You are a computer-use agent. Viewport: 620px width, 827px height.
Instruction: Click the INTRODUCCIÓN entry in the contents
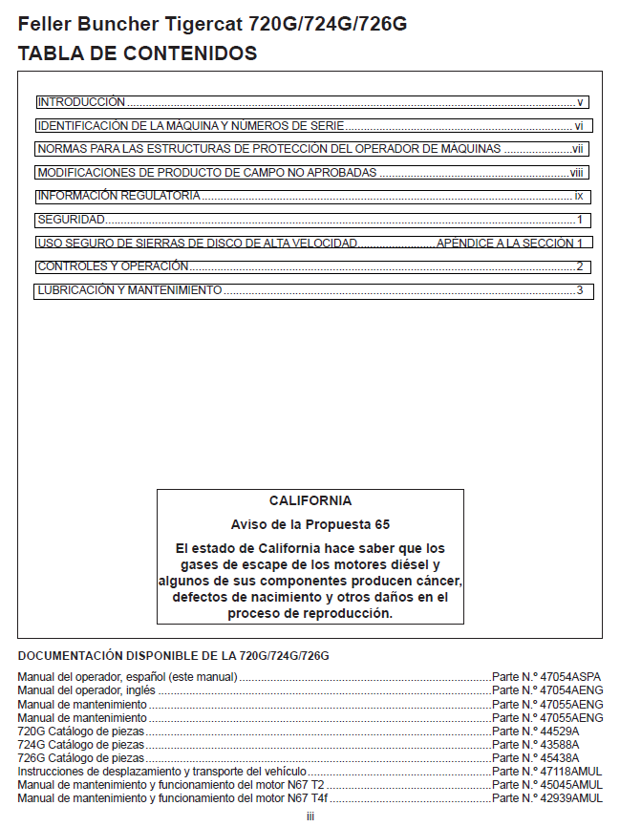[x=81, y=101]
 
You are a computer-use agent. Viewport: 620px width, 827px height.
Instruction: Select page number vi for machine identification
[x=579, y=125]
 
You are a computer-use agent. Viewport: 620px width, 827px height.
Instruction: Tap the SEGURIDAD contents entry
[x=72, y=220]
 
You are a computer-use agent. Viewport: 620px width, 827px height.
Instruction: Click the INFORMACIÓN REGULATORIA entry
[x=119, y=196]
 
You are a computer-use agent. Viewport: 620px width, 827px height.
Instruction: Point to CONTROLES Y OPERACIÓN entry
[x=113, y=266]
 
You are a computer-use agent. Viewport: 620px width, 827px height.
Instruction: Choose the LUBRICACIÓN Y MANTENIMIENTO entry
[x=130, y=290]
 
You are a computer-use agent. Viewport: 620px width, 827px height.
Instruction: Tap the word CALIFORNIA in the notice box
[x=310, y=500]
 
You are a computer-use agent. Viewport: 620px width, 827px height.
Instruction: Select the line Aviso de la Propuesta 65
[x=310, y=524]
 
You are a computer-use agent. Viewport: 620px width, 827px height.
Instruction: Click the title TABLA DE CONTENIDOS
[x=138, y=54]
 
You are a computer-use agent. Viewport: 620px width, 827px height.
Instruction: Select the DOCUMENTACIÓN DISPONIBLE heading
[x=173, y=656]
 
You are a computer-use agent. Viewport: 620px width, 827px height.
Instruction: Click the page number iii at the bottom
[x=310, y=816]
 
